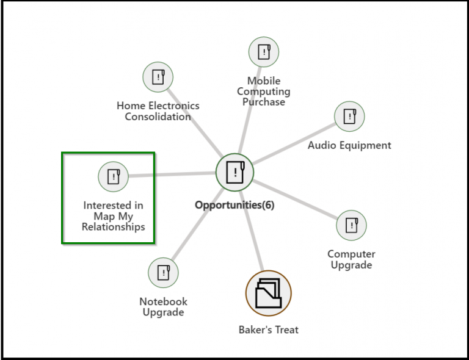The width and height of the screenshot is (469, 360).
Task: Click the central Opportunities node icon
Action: coord(235,172)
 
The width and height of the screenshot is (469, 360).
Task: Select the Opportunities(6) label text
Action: coord(234,205)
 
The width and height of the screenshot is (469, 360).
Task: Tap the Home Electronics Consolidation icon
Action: coord(158,77)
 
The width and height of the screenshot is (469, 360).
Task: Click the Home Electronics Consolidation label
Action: coord(158,111)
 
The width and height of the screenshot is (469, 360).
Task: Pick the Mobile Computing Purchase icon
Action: coord(264,52)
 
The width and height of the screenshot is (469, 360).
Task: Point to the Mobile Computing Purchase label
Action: coord(264,92)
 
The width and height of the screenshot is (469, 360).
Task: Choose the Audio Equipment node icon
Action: coord(349,116)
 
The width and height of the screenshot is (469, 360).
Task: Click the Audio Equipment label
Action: coord(349,145)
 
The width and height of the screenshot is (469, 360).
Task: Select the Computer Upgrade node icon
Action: coord(352,225)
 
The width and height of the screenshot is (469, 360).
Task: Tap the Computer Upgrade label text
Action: coord(351,259)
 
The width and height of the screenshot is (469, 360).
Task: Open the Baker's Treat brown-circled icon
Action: coord(268,293)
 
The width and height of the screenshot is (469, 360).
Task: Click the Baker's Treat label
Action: coord(269,329)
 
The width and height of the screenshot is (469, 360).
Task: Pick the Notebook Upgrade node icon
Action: coord(163,272)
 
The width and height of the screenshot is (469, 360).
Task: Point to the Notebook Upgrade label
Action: coord(163,307)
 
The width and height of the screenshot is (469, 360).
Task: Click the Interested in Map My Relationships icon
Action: coord(113,177)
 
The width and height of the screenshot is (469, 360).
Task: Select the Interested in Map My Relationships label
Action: coord(114,216)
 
